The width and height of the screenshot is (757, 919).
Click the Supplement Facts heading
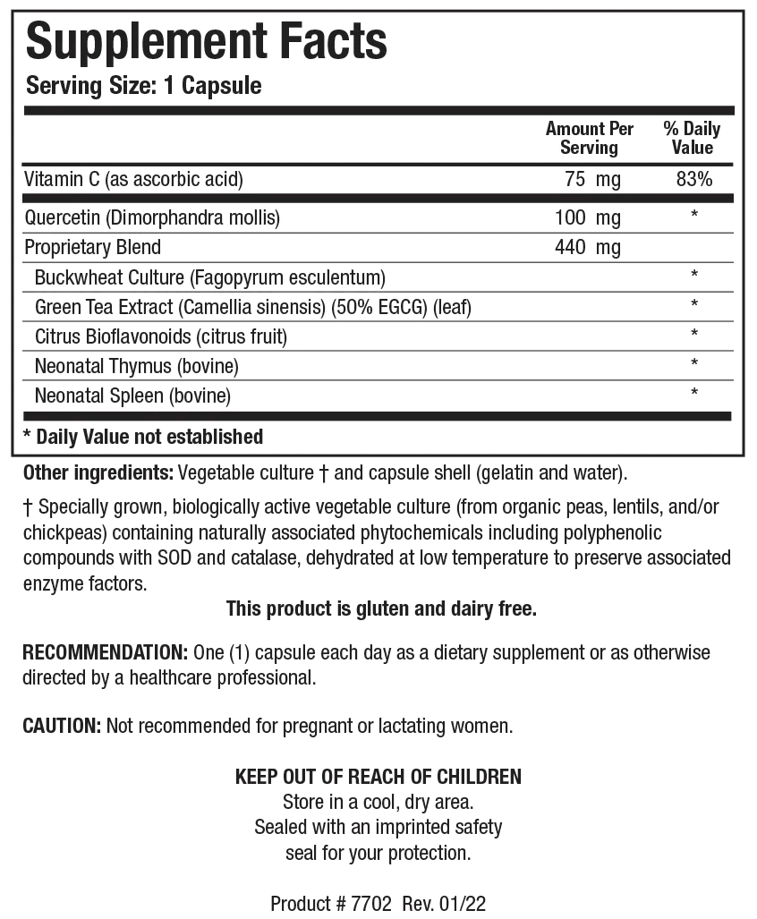207,40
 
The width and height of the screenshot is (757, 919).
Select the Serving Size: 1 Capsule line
143,86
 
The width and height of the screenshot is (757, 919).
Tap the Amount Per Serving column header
589,138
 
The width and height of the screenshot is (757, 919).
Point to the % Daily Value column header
693,138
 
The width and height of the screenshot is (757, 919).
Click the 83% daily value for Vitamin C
694,179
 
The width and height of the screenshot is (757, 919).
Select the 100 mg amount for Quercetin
587,217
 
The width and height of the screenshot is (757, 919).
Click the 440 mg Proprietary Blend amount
587,247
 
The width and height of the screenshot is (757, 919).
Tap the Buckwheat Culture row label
209,277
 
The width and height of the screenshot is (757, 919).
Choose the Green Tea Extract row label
252,307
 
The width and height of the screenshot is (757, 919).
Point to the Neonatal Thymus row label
136,366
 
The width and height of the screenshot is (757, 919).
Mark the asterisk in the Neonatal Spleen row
694,394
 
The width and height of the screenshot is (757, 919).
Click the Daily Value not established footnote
143,437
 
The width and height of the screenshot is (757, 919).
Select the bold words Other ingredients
98,472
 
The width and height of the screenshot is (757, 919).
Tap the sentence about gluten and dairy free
381,609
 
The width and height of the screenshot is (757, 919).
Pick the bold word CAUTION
62,726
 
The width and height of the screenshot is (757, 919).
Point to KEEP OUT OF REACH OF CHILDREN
378,776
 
